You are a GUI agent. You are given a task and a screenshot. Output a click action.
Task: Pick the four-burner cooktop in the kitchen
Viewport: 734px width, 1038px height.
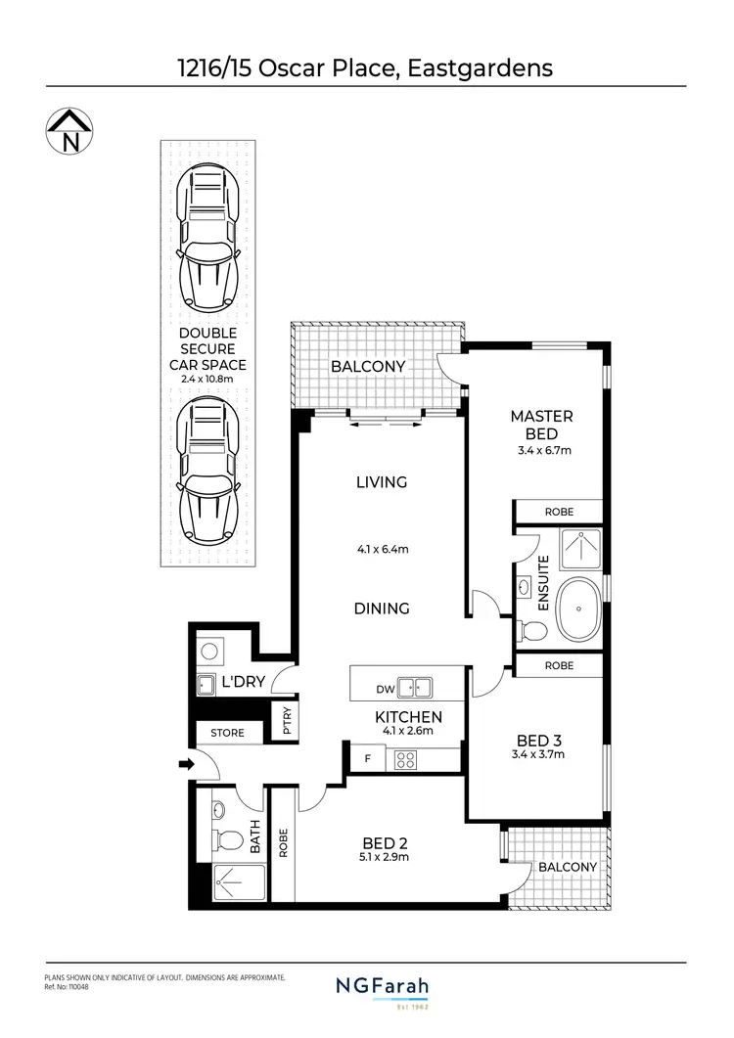(405, 759)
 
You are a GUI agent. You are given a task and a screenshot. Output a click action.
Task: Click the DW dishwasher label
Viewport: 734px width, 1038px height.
(386, 689)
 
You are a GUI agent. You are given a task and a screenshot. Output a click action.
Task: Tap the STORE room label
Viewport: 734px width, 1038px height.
(226, 733)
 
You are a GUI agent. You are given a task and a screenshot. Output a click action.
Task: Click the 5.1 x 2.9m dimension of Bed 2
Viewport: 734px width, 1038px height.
(385, 857)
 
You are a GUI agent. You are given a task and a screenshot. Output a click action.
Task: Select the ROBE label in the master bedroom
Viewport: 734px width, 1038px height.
(560, 512)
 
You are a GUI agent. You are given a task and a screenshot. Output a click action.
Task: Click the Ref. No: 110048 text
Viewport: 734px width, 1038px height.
(68, 987)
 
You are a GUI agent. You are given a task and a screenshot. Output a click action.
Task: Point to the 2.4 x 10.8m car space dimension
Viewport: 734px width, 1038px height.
(213, 378)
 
